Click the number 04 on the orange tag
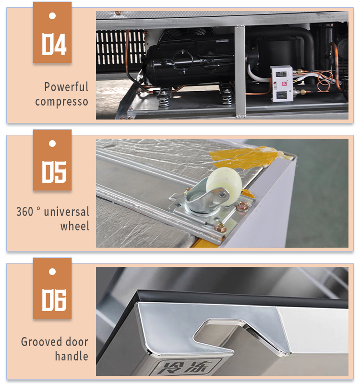click(x=54, y=44)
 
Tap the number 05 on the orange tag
click(x=54, y=172)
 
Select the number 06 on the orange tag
click(x=54, y=300)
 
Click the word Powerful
click(x=66, y=87)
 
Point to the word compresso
click(x=62, y=102)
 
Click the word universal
click(x=66, y=212)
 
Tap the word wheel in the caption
click(x=75, y=226)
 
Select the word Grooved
click(x=42, y=342)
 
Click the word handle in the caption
click(x=72, y=356)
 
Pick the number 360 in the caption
click(x=24, y=212)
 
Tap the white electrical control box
click(x=281, y=84)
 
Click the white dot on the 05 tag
click(x=52, y=144)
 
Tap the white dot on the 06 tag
click(x=52, y=272)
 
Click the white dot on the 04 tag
click(x=52, y=16)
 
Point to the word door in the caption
click(x=77, y=342)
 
